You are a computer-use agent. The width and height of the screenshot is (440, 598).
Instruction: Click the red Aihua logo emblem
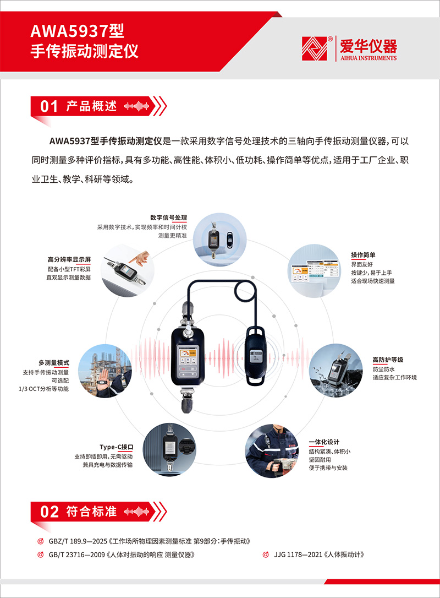click(314, 48)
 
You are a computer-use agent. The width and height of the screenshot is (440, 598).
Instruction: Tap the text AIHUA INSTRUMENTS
click(369, 58)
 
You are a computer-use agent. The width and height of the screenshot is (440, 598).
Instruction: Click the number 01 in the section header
click(49, 106)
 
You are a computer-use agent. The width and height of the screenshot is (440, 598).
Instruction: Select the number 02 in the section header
click(50, 512)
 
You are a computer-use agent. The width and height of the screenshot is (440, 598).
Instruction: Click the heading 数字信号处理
click(168, 218)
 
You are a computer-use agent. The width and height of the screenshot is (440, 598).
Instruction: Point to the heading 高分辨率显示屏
click(69, 260)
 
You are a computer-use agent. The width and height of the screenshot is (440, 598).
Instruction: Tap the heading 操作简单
click(363, 255)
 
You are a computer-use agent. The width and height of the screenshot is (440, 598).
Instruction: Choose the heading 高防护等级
click(388, 360)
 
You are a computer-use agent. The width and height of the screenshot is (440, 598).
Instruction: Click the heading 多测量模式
click(54, 363)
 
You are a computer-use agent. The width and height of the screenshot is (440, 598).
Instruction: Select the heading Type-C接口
click(116, 447)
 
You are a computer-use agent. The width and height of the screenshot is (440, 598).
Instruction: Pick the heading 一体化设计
click(324, 442)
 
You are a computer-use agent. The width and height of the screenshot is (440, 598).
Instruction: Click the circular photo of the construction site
click(105, 371)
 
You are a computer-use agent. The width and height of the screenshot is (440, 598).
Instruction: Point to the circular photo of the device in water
click(335, 371)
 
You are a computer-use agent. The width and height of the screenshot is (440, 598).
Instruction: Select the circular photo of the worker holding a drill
click(272, 451)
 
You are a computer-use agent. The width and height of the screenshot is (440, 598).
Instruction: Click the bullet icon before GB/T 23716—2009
click(40, 554)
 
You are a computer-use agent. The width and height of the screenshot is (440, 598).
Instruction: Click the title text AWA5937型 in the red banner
click(78, 31)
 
